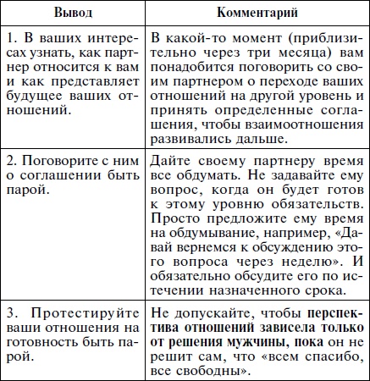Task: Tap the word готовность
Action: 47,356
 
